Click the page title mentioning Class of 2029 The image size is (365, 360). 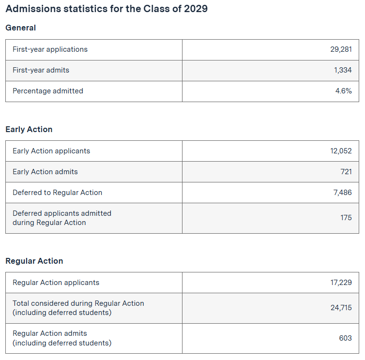[x=106, y=9]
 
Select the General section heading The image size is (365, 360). [x=21, y=28]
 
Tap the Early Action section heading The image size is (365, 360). [x=29, y=130]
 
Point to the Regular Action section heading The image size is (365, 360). [x=34, y=261]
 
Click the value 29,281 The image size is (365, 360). [x=341, y=49]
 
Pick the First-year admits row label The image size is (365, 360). [x=41, y=70]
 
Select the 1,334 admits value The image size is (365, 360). [x=343, y=70]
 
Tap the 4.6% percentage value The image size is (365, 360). [x=343, y=91]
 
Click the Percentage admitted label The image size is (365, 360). [x=48, y=91]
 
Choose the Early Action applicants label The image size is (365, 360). [x=51, y=151]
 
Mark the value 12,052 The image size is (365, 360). [x=341, y=151]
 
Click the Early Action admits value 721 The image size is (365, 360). [x=346, y=172]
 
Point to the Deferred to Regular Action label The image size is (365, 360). [x=58, y=193]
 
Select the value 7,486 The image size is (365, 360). [x=342, y=193]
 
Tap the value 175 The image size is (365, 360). [x=346, y=218]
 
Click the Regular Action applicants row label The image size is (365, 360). [x=56, y=283]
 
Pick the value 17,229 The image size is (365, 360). [x=341, y=283]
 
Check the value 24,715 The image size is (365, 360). [x=341, y=308]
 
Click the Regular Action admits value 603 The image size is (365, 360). [x=345, y=338]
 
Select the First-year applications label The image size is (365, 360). [x=50, y=49]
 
